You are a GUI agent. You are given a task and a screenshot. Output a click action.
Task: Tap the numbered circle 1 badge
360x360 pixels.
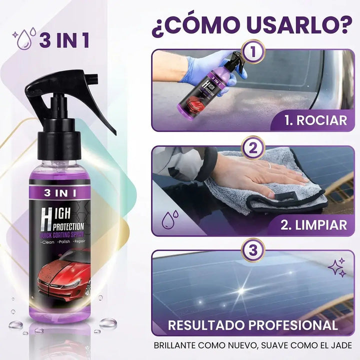pos(253,51)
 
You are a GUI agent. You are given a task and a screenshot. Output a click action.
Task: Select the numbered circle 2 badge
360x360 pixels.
pos(253,148)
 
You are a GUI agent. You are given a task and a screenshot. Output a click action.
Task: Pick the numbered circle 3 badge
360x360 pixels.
pos(253,250)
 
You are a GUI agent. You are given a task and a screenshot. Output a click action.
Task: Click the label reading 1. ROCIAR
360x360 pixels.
pos(316,120)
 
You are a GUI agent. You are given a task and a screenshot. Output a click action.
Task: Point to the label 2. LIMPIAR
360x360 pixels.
pos(314,225)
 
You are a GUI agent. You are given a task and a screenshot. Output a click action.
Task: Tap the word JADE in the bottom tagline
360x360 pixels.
pos(342,345)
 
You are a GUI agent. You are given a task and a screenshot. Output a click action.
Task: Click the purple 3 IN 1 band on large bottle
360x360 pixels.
pos(60,193)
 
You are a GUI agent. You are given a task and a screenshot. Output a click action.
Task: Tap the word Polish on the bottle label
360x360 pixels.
pos(64,241)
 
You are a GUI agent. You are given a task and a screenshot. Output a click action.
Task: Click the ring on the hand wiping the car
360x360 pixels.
pos(270,165)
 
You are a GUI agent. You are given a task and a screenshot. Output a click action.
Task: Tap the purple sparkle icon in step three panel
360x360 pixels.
pos(337,267)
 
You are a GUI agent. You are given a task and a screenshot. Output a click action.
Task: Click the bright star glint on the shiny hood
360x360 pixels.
pos(241,290)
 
